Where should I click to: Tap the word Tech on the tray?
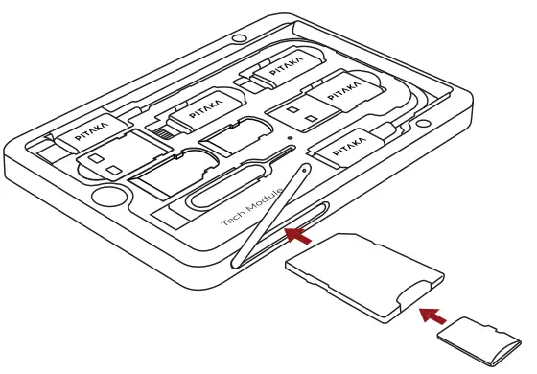point(232,220)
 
